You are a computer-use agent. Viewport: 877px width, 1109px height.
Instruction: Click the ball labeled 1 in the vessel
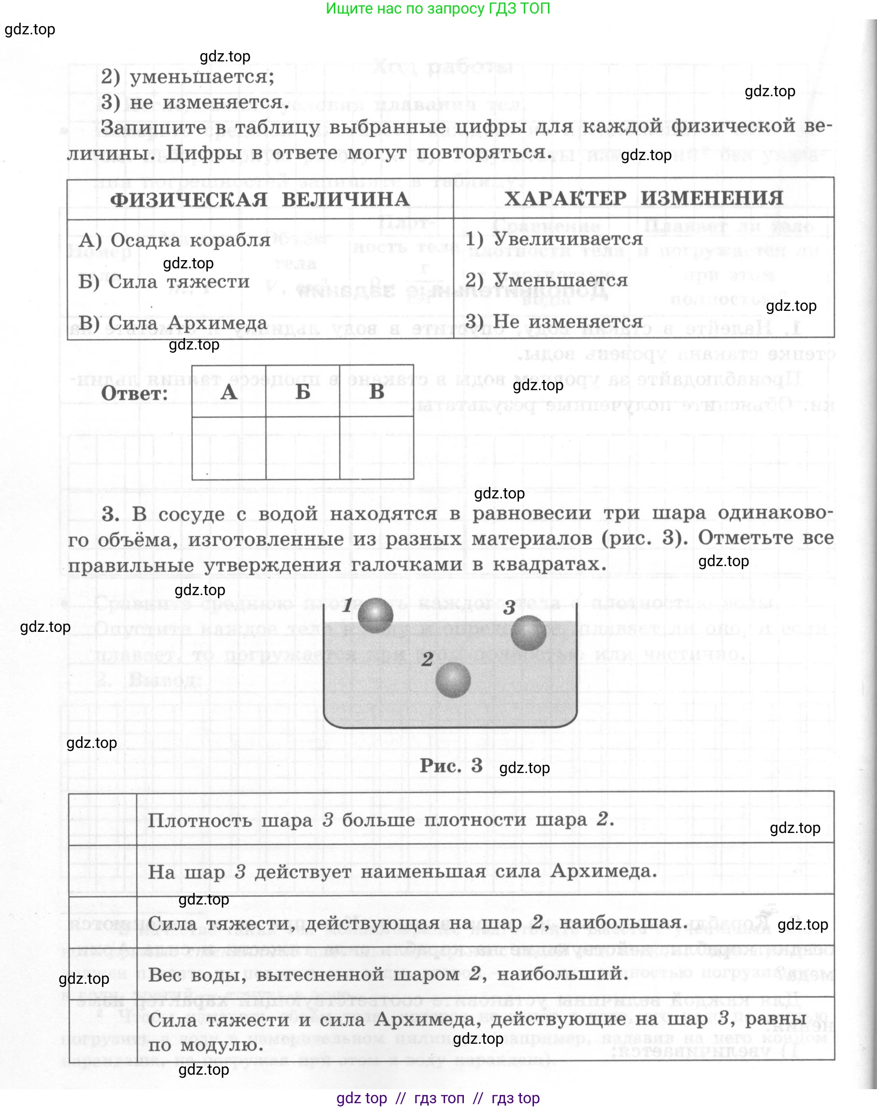click(375, 615)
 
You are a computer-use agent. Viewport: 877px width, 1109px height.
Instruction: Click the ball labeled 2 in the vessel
click(453, 680)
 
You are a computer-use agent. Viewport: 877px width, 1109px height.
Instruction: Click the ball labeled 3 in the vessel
click(528, 633)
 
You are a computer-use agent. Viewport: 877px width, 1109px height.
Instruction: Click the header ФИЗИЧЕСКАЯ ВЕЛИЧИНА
click(260, 199)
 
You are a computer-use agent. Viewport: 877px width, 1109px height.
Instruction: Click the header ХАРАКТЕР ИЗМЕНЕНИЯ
click(643, 198)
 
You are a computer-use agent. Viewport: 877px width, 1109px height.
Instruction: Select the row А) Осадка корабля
click(174, 240)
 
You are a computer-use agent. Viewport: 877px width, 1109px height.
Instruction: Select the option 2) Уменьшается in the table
click(546, 280)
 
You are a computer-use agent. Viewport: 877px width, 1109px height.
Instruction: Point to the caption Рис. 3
click(451, 765)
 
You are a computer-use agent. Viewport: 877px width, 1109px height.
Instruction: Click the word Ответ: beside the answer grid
click(134, 394)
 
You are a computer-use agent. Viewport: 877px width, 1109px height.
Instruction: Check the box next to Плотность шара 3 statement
click(103, 819)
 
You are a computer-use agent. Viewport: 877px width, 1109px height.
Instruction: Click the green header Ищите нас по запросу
click(438, 8)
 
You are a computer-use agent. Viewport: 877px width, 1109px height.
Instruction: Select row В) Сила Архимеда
click(173, 322)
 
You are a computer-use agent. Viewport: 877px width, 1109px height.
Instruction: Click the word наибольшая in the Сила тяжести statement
click(623, 922)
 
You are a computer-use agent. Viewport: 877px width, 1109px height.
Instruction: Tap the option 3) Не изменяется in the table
click(554, 321)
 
